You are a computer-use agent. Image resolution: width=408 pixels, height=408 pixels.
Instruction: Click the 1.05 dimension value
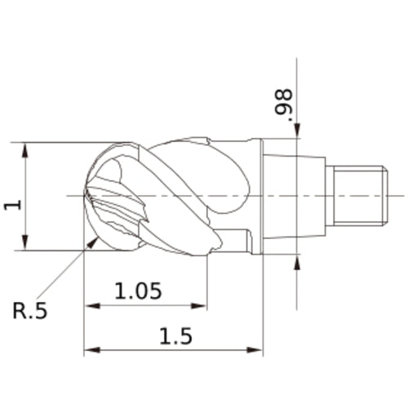138,290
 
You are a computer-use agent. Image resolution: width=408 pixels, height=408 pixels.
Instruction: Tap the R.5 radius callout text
30,310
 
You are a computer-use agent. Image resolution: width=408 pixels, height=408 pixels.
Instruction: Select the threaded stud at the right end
357,196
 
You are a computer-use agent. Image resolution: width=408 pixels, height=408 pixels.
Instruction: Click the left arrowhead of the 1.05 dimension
89,307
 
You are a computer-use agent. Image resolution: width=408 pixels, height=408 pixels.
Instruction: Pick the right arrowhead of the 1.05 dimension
203,307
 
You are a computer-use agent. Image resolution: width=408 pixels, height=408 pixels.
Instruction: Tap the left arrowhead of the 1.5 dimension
89,351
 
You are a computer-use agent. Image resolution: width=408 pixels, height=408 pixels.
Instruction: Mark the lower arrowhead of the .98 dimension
297,259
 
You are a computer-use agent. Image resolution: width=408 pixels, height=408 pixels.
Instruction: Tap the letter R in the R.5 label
20,310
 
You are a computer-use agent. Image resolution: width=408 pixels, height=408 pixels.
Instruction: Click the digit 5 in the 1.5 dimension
186,335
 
